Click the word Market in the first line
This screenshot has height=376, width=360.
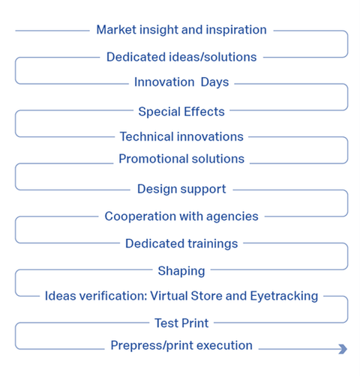coord(116,30)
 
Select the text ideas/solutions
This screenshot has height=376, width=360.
coord(213,57)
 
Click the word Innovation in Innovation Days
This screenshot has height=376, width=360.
coord(164,82)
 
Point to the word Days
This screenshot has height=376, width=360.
coord(214,82)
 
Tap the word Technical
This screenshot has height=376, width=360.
coord(147,136)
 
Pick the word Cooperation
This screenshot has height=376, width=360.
coord(140,216)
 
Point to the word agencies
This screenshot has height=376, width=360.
coord(232,216)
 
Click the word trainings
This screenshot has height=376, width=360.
coord(213,244)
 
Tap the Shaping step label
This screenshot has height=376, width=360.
coord(181,271)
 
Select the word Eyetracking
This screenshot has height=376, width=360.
coord(284,296)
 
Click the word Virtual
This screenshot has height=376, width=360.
coord(169,296)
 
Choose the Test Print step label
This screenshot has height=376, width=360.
coord(181,323)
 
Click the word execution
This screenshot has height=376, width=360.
coord(224,345)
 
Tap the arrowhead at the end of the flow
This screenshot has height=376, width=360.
coord(343,349)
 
